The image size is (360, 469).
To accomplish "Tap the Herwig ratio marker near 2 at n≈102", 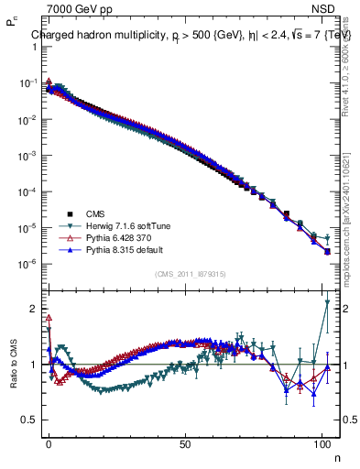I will pos(327,302).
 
